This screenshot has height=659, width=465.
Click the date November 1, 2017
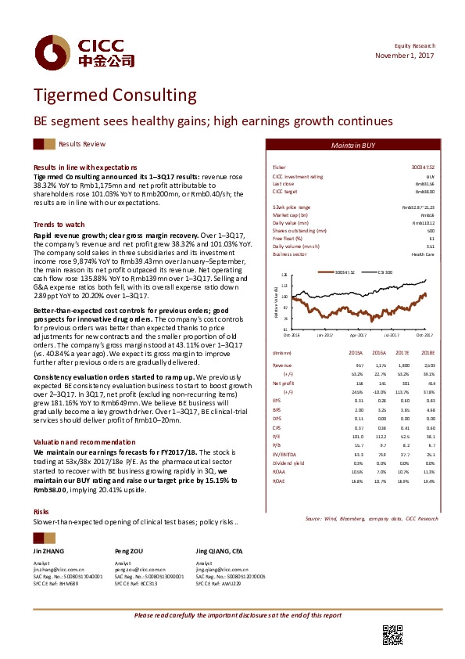(x=404, y=56)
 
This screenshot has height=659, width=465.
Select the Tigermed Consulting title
(x=115, y=96)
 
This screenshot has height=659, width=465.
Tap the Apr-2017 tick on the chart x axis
(x=358, y=334)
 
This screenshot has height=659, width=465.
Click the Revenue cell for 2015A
(x=359, y=365)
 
